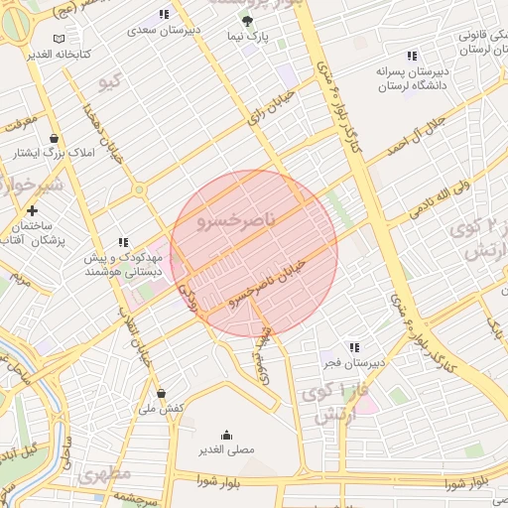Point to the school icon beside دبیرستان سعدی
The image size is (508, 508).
(x=163, y=14)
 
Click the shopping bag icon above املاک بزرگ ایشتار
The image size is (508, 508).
(x=54, y=138)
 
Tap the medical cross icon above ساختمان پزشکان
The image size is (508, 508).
(x=33, y=210)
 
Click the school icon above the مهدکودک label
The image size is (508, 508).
(x=123, y=241)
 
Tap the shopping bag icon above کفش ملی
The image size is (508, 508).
(x=161, y=393)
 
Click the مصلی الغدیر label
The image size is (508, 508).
(x=227, y=449)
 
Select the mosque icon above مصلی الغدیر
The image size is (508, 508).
(x=227, y=434)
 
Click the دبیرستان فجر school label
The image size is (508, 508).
(x=354, y=363)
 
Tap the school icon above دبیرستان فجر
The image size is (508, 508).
(x=354, y=346)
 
